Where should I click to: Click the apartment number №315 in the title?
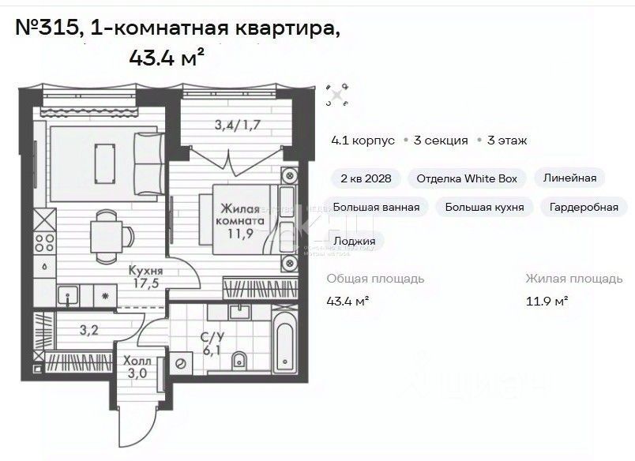[x=47, y=29]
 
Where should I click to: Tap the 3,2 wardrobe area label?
[x=88, y=330]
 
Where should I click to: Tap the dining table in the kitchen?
[x=105, y=234]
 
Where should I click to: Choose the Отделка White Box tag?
[x=467, y=178]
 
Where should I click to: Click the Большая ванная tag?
[x=375, y=207]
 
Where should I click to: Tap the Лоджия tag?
[x=355, y=241]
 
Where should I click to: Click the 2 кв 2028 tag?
[x=366, y=178]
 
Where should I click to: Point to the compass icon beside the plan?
[x=336, y=96]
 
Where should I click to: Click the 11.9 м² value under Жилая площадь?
[x=547, y=301]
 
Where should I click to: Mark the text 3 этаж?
[x=507, y=141]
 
